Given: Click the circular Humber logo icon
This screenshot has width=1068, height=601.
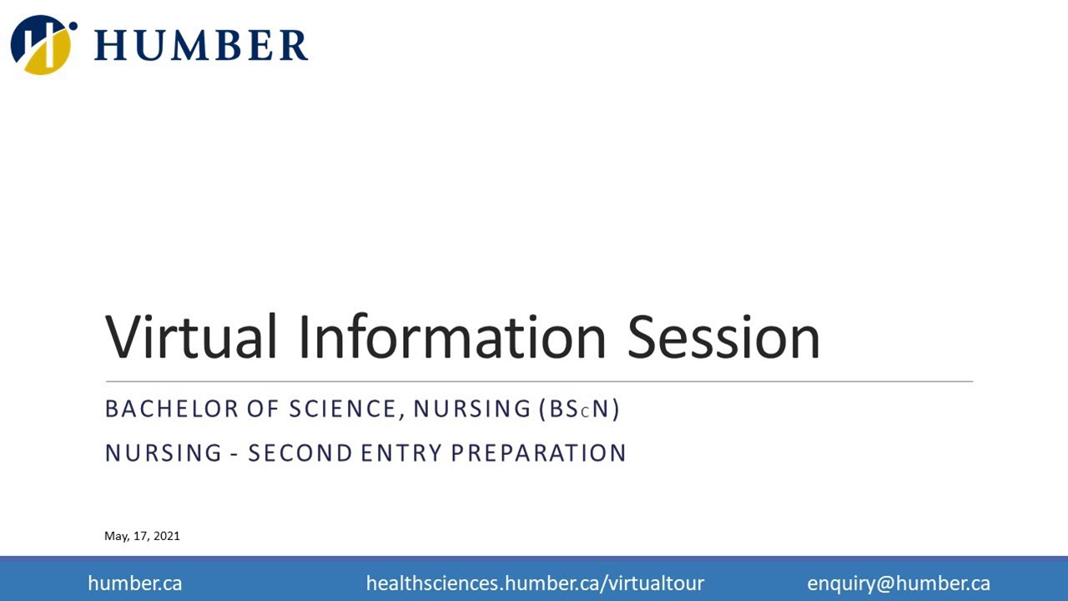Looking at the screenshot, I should [42, 44].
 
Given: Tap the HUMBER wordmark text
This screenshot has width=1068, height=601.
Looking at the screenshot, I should [201, 45].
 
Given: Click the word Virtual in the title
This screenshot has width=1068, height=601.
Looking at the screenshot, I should [190, 336].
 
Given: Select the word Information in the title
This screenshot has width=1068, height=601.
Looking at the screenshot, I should [451, 336].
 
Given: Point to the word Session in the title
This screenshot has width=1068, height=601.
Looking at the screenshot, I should [723, 336].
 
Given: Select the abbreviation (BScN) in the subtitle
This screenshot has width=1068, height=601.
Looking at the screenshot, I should [580, 409].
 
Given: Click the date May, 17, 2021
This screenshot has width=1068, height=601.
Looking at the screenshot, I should [142, 536].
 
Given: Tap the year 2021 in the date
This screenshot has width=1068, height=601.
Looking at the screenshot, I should [166, 536].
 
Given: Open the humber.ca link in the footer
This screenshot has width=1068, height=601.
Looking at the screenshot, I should [134, 583].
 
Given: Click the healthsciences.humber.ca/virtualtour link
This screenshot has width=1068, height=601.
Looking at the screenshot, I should [535, 583].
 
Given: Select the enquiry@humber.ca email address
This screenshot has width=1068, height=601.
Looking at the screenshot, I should [899, 583].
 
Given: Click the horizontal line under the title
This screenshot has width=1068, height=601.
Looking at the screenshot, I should [538, 381].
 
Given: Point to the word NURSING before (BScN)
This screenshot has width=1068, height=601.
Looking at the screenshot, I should [472, 409].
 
